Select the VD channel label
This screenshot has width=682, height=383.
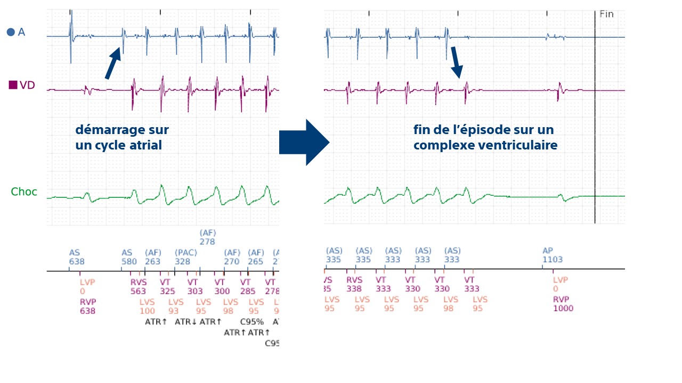tap(22, 85)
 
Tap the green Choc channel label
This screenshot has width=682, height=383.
tap(24, 191)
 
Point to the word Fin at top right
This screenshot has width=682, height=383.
tap(606, 14)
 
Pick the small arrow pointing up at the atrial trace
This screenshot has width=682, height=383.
tap(113, 63)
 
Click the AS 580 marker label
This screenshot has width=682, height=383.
tap(129, 257)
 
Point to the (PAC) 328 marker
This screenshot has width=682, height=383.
tap(182, 257)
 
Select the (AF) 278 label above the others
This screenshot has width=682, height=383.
tap(207, 237)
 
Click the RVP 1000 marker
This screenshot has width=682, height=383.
tap(563, 303)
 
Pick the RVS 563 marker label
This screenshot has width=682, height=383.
tap(138, 286)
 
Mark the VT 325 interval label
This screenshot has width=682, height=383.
tap(167, 286)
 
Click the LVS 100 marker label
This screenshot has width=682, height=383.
tap(147, 306)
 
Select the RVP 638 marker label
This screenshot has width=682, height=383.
tap(87, 306)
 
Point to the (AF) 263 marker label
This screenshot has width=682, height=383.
tap(153, 257)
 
